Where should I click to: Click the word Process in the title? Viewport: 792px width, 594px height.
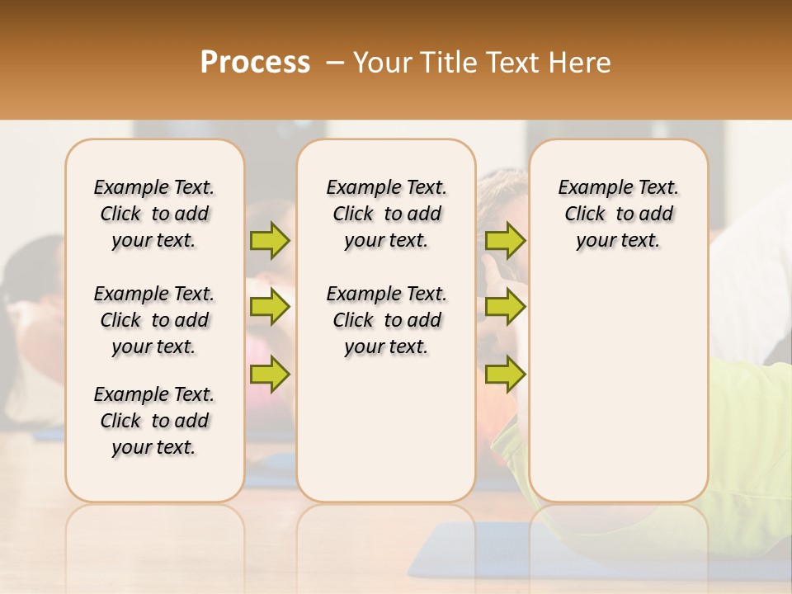(255, 63)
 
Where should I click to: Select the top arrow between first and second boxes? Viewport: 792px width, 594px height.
(270, 241)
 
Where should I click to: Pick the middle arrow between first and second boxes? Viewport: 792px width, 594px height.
(270, 307)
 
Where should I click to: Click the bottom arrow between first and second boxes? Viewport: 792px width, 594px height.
(270, 375)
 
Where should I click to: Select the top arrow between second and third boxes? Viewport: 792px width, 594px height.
(505, 241)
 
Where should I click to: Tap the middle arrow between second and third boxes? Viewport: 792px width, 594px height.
(505, 307)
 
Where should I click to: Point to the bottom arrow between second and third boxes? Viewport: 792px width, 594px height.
(505, 375)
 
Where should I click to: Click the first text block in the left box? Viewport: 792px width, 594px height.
(154, 214)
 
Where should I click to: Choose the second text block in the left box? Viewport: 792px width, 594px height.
(154, 320)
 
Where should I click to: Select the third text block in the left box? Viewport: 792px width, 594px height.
(154, 421)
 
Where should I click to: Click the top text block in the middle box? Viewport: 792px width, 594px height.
(387, 214)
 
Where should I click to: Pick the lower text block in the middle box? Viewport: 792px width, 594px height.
(387, 320)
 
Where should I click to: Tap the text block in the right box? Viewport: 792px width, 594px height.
(619, 214)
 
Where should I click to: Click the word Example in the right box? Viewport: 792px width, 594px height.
(591, 188)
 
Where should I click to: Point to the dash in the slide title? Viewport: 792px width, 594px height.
(335, 63)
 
